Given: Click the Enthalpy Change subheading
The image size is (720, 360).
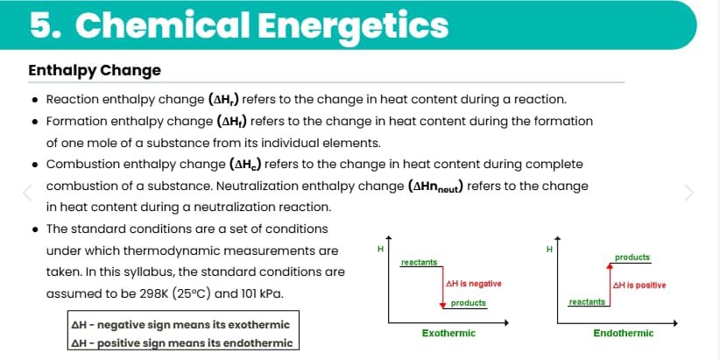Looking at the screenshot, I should pyautogui.click(x=95, y=70).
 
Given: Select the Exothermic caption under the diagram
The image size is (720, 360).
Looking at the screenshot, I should pyautogui.click(x=448, y=334).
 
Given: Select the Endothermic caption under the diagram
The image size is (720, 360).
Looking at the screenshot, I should pyautogui.click(x=623, y=334).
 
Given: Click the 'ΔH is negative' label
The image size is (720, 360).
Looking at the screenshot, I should pyautogui.click(x=473, y=284).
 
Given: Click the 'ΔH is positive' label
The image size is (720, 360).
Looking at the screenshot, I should pyautogui.click(x=639, y=285).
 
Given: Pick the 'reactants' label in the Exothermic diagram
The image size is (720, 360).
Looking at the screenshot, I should pyautogui.click(x=419, y=262).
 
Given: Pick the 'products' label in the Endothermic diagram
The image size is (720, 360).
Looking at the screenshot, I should pyautogui.click(x=632, y=258).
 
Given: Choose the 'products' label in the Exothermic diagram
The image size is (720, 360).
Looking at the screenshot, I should pyautogui.click(x=469, y=303).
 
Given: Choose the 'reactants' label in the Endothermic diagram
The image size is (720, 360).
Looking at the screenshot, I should pyautogui.click(x=587, y=301).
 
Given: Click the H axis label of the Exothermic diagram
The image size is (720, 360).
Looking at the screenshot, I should pyautogui.click(x=380, y=248).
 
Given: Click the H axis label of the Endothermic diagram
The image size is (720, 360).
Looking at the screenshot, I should pyautogui.click(x=548, y=248).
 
